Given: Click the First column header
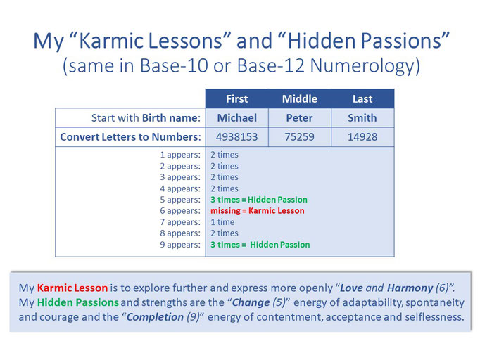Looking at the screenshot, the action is tap(237, 99).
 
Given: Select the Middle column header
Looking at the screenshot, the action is tap(300, 99).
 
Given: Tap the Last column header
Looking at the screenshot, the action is tap(362, 99).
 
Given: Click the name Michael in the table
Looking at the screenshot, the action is tap(237, 117).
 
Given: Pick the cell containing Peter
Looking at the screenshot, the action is tap(300, 117).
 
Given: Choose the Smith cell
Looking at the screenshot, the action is tap(362, 117).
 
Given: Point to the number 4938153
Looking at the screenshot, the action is tap(237, 136).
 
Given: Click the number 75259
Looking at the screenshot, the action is tap(300, 136).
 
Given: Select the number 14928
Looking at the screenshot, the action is tap(362, 136).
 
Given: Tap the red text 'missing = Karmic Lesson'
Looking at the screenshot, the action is tap(258, 211).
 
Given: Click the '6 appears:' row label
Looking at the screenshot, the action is tap(180, 211).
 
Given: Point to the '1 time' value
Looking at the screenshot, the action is tap(222, 222).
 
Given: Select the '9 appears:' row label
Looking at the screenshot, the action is tap(180, 245).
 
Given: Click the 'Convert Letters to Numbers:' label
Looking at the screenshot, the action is tap(130, 136).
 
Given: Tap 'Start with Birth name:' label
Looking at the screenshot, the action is tap(146, 117).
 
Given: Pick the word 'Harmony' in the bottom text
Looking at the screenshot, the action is tap(410, 288).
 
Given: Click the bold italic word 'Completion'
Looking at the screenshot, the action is tap(155, 317).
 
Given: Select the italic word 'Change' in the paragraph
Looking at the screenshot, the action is tap(251, 302).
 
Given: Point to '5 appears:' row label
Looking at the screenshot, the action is tap(180, 200).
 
